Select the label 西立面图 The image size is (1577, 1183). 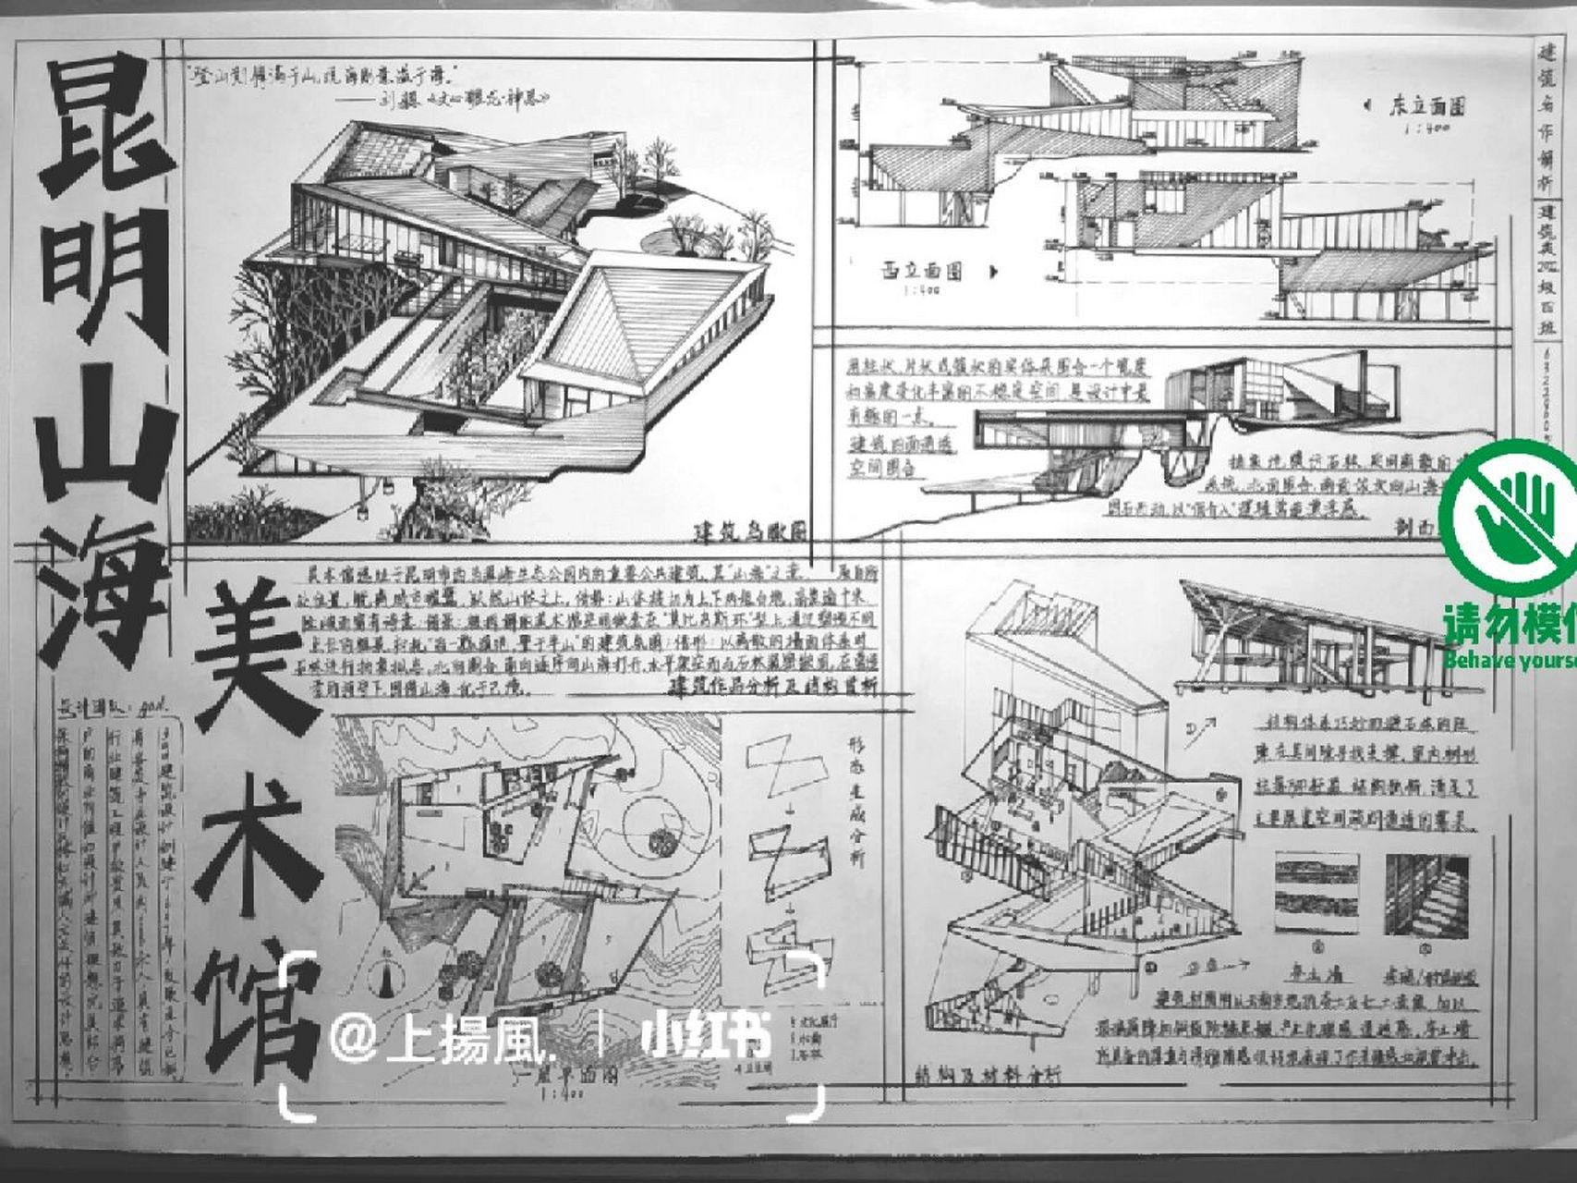pyautogui.click(x=920, y=271)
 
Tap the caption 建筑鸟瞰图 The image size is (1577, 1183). pyautogui.click(x=749, y=533)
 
